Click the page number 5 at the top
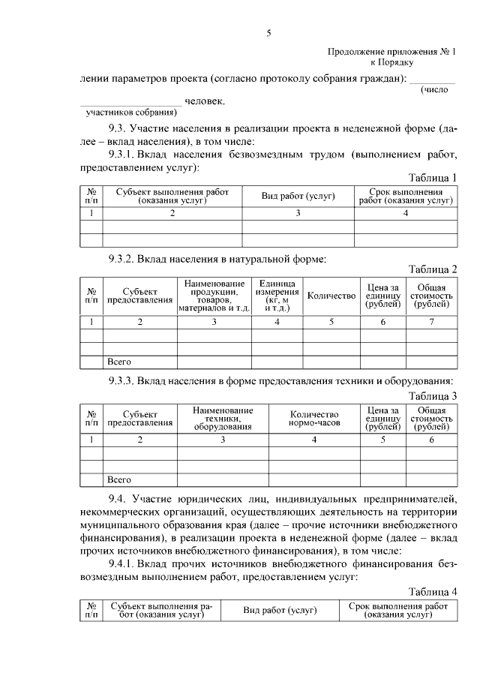pyautogui.click(x=268, y=33)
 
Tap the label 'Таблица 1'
pyautogui.click(x=433, y=177)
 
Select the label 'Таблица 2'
pyautogui.click(x=433, y=269)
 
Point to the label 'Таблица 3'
pyautogui.click(x=433, y=396)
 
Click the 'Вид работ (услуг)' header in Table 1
pyautogui.click(x=298, y=196)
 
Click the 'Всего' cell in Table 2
pyautogui.click(x=120, y=362)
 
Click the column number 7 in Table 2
pyautogui.click(x=431, y=323)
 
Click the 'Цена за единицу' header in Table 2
pyautogui.click(x=382, y=296)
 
